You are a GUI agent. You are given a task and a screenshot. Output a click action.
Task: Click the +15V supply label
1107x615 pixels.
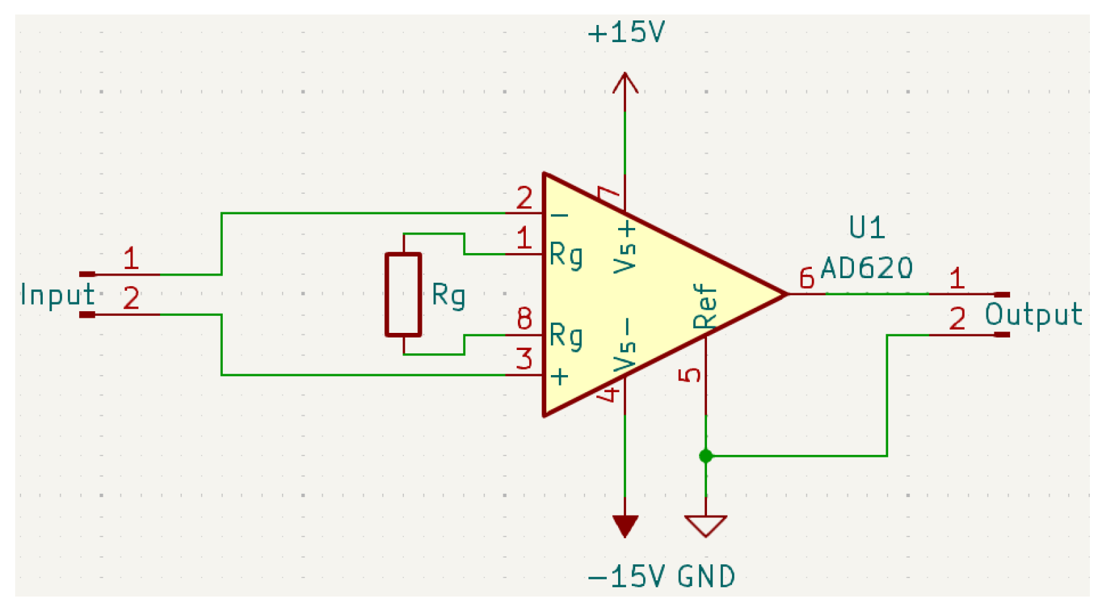coord(626,32)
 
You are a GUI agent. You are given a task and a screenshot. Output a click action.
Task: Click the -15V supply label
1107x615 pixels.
coord(626,577)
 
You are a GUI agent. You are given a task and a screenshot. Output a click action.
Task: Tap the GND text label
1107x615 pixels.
coord(706,577)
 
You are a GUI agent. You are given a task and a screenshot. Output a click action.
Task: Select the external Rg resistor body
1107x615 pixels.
coord(403,295)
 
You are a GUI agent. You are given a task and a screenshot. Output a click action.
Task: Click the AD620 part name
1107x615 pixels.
coord(866,268)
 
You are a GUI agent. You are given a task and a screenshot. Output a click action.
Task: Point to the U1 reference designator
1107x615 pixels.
coord(866,228)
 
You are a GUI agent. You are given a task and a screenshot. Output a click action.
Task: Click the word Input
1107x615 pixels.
coord(58,295)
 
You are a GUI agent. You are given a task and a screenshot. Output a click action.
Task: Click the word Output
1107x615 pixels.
coord(1033,315)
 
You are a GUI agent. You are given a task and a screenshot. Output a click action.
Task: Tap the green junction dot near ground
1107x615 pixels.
coord(706,455)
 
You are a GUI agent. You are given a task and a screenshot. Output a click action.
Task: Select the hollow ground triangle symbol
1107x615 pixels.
coord(706,525)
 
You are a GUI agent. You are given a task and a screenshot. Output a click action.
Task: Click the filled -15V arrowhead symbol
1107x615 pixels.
coord(625,525)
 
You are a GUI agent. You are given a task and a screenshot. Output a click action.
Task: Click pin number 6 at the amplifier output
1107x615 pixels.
coord(807,279)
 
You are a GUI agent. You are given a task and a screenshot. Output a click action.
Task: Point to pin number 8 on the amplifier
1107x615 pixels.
coord(525,319)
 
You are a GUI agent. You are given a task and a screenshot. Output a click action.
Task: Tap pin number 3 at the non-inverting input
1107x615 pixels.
coord(525,359)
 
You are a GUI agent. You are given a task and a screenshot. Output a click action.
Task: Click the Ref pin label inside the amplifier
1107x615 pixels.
coord(704,306)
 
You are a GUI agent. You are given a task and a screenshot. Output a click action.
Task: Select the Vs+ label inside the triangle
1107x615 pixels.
coord(625,247)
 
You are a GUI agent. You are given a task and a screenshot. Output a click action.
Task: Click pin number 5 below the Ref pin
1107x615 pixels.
coord(690,375)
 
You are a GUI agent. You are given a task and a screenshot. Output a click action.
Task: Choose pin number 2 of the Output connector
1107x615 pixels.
coord(957,319)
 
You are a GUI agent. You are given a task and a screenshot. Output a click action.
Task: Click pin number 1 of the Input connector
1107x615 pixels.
coord(131,258)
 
